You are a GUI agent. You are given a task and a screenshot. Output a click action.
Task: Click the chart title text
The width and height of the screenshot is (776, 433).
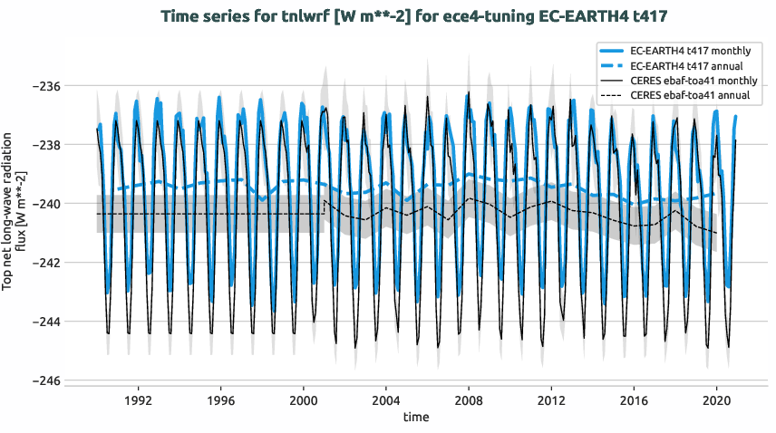click(x=387, y=16)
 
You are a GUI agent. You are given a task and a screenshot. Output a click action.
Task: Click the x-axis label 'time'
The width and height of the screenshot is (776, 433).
click(x=416, y=418)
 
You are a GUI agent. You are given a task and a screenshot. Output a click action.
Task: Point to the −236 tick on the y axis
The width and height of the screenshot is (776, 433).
click(x=43, y=86)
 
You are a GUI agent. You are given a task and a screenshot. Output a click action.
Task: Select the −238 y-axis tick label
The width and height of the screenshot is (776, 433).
click(x=43, y=145)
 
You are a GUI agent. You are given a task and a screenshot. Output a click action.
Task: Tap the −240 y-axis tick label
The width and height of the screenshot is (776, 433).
click(x=43, y=204)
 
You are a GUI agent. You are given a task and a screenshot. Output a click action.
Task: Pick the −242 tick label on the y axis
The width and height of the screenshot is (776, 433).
click(x=43, y=263)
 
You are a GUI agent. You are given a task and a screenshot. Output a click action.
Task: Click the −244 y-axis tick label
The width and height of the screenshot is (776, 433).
click(x=43, y=322)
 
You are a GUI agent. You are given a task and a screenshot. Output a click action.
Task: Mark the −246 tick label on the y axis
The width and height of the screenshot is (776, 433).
click(x=43, y=380)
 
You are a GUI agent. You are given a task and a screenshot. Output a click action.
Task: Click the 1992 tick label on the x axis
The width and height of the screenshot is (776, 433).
click(x=138, y=399)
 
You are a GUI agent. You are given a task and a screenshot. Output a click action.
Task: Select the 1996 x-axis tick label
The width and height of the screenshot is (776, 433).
click(x=220, y=399)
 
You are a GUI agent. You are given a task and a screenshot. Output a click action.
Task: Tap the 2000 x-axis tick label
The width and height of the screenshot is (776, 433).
click(x=303, y=399)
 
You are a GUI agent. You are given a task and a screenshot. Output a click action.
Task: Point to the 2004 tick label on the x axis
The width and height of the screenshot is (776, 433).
click(x=386, y=399)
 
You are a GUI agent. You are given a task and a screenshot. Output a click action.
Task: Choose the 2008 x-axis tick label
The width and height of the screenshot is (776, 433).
click(x=469, y=399)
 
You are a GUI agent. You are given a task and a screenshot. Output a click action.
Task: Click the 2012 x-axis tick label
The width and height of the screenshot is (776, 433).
click(x=551, y=399)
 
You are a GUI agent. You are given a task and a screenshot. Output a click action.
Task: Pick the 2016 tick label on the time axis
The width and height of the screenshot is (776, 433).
click(x=635, y=399)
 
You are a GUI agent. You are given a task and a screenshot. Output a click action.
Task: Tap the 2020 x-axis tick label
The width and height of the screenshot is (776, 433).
click(x=717, y=399)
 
